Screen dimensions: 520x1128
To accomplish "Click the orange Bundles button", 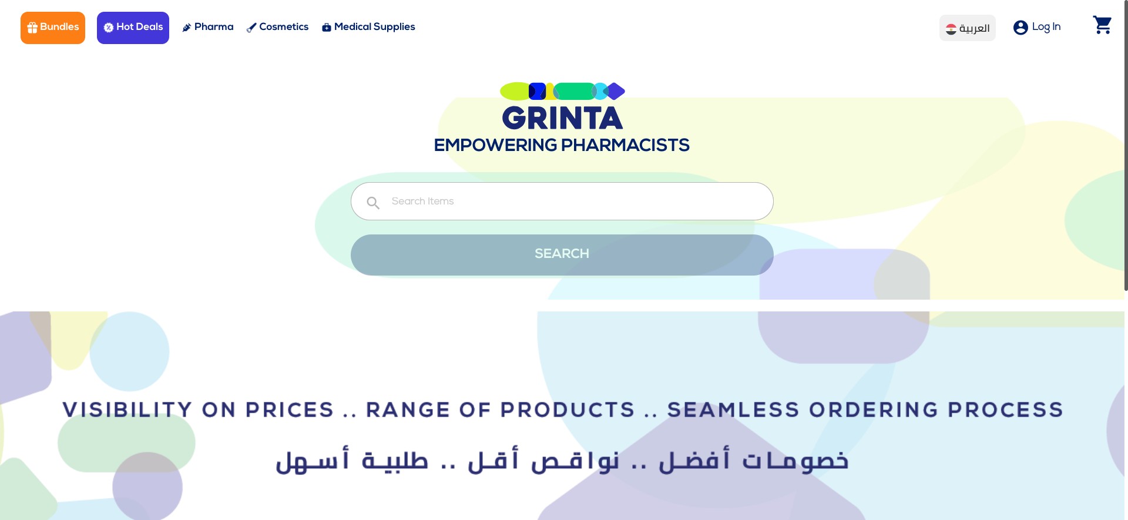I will (53, 28).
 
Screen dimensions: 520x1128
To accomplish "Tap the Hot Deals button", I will (133, 28).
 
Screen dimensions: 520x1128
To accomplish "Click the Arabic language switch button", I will (967, 28).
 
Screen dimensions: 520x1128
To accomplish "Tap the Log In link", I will (1046, 27).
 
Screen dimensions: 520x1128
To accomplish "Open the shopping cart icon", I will (1102, 25).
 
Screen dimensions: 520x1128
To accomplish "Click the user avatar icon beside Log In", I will (1020, 28).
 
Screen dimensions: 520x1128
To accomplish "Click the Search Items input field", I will (576, 202).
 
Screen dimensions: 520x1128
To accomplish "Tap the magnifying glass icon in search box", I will (373, 203).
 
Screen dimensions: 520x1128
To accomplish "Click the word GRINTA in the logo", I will (562, 119).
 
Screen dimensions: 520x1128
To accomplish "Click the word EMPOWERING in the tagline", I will (495, 145).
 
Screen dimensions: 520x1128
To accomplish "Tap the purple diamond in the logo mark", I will (615, 91).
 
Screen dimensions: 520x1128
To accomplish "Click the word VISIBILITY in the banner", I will (127, 410).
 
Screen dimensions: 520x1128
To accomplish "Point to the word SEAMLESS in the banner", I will (733, 410).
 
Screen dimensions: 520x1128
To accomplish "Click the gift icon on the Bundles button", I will (32, 28).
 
